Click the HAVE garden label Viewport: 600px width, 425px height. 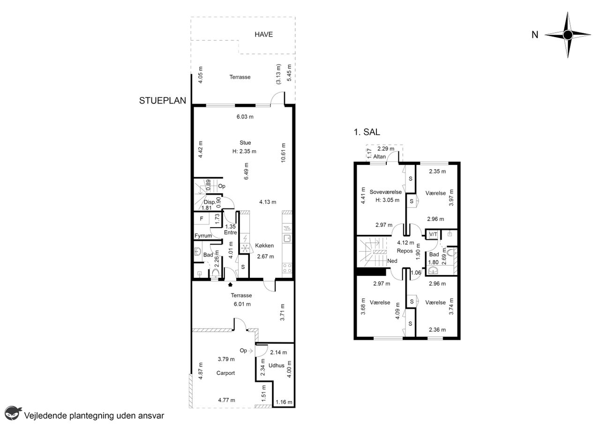click(x=263, y=34)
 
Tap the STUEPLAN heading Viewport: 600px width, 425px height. click(x=162, y=100)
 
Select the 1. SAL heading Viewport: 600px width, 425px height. click(x=367, y=132)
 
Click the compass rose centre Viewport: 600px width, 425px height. click(x=568, y=35)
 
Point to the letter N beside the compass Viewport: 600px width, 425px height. click(x=535, y=35)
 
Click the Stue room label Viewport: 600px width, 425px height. click(x=245, y=143)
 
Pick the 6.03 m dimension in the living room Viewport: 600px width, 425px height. click(x=245, y=117)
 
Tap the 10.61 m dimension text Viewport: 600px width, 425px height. click(x=283, y=153)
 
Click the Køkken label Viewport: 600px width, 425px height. click(x=264, y=246)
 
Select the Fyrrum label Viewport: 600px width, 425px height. click(x=203, y=236)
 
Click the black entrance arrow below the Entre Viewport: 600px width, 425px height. click(x=230, y=284)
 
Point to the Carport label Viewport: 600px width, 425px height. click(x=225, y=373)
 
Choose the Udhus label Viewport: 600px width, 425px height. click(x=276, y=365)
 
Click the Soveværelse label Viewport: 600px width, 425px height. click(x=385, y=192)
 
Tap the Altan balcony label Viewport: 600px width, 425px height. click(x=379, y=157)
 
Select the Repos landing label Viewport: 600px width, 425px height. click(x=405, y=251)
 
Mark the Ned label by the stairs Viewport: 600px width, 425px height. click(x=392, y=261)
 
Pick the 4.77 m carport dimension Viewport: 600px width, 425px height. click(x=226, y=400)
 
